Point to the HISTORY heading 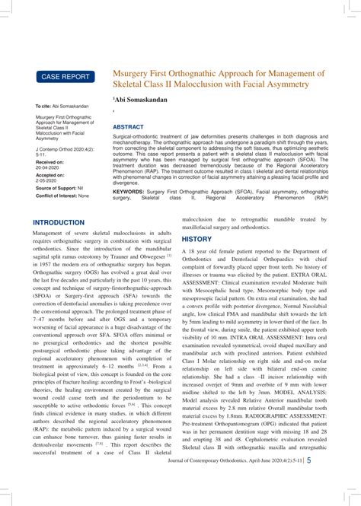(x=196, y=239)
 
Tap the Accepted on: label (x=50, y=175)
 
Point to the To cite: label (x=43, y=106)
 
